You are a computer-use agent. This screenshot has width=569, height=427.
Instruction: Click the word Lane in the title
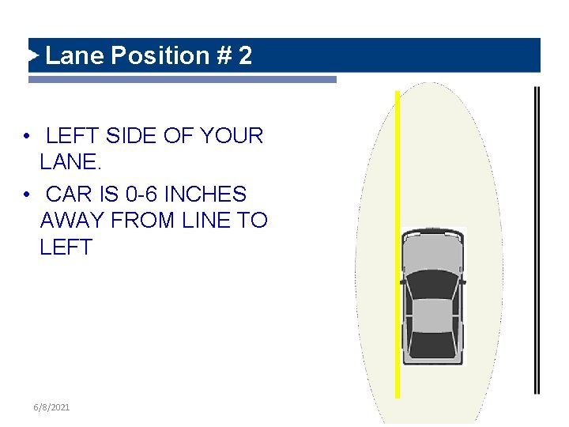click(x=74, y=55)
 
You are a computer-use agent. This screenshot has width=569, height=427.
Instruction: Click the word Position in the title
click(x=160, y=55)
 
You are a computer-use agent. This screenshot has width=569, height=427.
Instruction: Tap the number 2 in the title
click(x=245, y=55)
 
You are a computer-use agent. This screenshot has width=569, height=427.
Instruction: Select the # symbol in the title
click(x=224, y=55)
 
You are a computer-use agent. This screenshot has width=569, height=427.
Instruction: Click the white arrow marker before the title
click(x=33, y=55)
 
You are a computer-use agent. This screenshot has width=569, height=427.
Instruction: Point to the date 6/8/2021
click(x=51, y=407)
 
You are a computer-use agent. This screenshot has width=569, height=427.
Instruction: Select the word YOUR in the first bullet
click(x=232, y=135)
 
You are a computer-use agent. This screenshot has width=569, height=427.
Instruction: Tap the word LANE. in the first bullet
click(x=70, y=161)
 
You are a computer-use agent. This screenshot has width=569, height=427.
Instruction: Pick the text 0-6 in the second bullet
click(x=141, y=194)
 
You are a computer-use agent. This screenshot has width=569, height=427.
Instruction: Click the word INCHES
click(x=205, y=194)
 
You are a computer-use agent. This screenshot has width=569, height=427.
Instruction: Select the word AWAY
click(x=72, y=220)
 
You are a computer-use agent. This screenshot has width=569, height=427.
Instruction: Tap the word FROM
click(x=142, y=220)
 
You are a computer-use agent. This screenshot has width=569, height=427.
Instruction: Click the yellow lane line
click(x=398, y=244)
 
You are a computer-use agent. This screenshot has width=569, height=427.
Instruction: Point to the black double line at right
click(x=537, y=240)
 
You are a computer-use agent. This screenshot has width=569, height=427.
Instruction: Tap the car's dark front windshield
click(x=432, y=285)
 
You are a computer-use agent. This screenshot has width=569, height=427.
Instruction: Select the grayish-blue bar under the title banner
click(x=183, y=80)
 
